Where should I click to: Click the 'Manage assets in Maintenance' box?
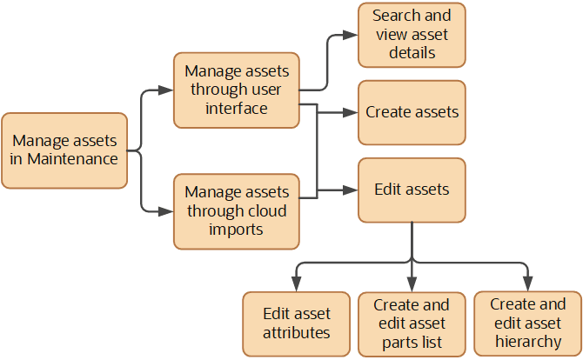(66, 150)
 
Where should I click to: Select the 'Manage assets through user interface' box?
(237, 89)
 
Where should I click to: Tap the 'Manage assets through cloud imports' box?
(237, 210)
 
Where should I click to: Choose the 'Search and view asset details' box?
(412, 35)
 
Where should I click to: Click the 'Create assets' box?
(412, 112)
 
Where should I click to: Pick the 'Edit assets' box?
(412, 190)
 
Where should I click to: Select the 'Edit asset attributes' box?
(297, 322)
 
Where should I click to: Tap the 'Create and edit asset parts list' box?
(412, 323)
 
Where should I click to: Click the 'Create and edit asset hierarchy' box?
(528, 323)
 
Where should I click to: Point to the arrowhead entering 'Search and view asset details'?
(352, 35)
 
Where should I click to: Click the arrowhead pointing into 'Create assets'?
(352, 112)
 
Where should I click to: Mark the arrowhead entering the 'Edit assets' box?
(352, 190)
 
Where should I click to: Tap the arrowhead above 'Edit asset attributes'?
(297, 283)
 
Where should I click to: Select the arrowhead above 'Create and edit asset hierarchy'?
(528, 283)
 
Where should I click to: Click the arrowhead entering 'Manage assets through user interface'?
(166, 89)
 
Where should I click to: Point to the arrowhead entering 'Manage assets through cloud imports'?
(166, 210)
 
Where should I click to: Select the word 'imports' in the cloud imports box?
(237, 229)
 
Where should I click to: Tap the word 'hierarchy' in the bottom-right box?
(528, 341)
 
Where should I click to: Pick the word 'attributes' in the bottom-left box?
(297, 332)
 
